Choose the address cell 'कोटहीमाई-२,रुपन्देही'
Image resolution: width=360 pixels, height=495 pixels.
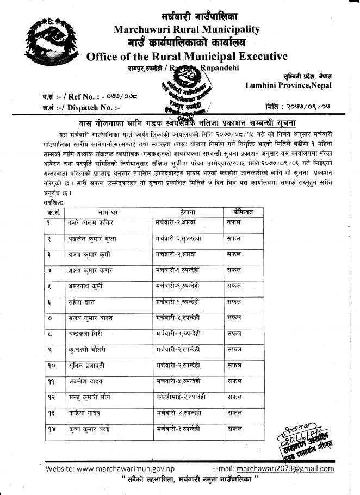[x=181, y=398]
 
